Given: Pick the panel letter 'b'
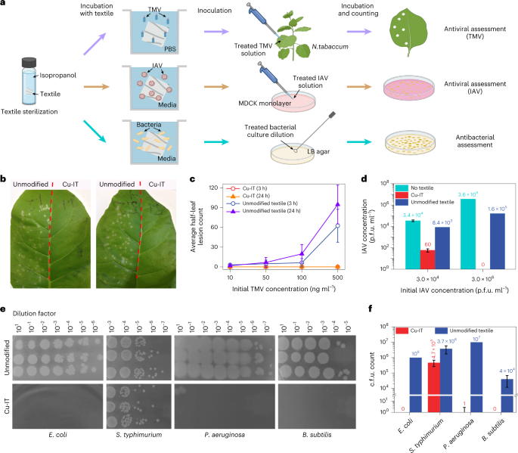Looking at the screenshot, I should point(6,180).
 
